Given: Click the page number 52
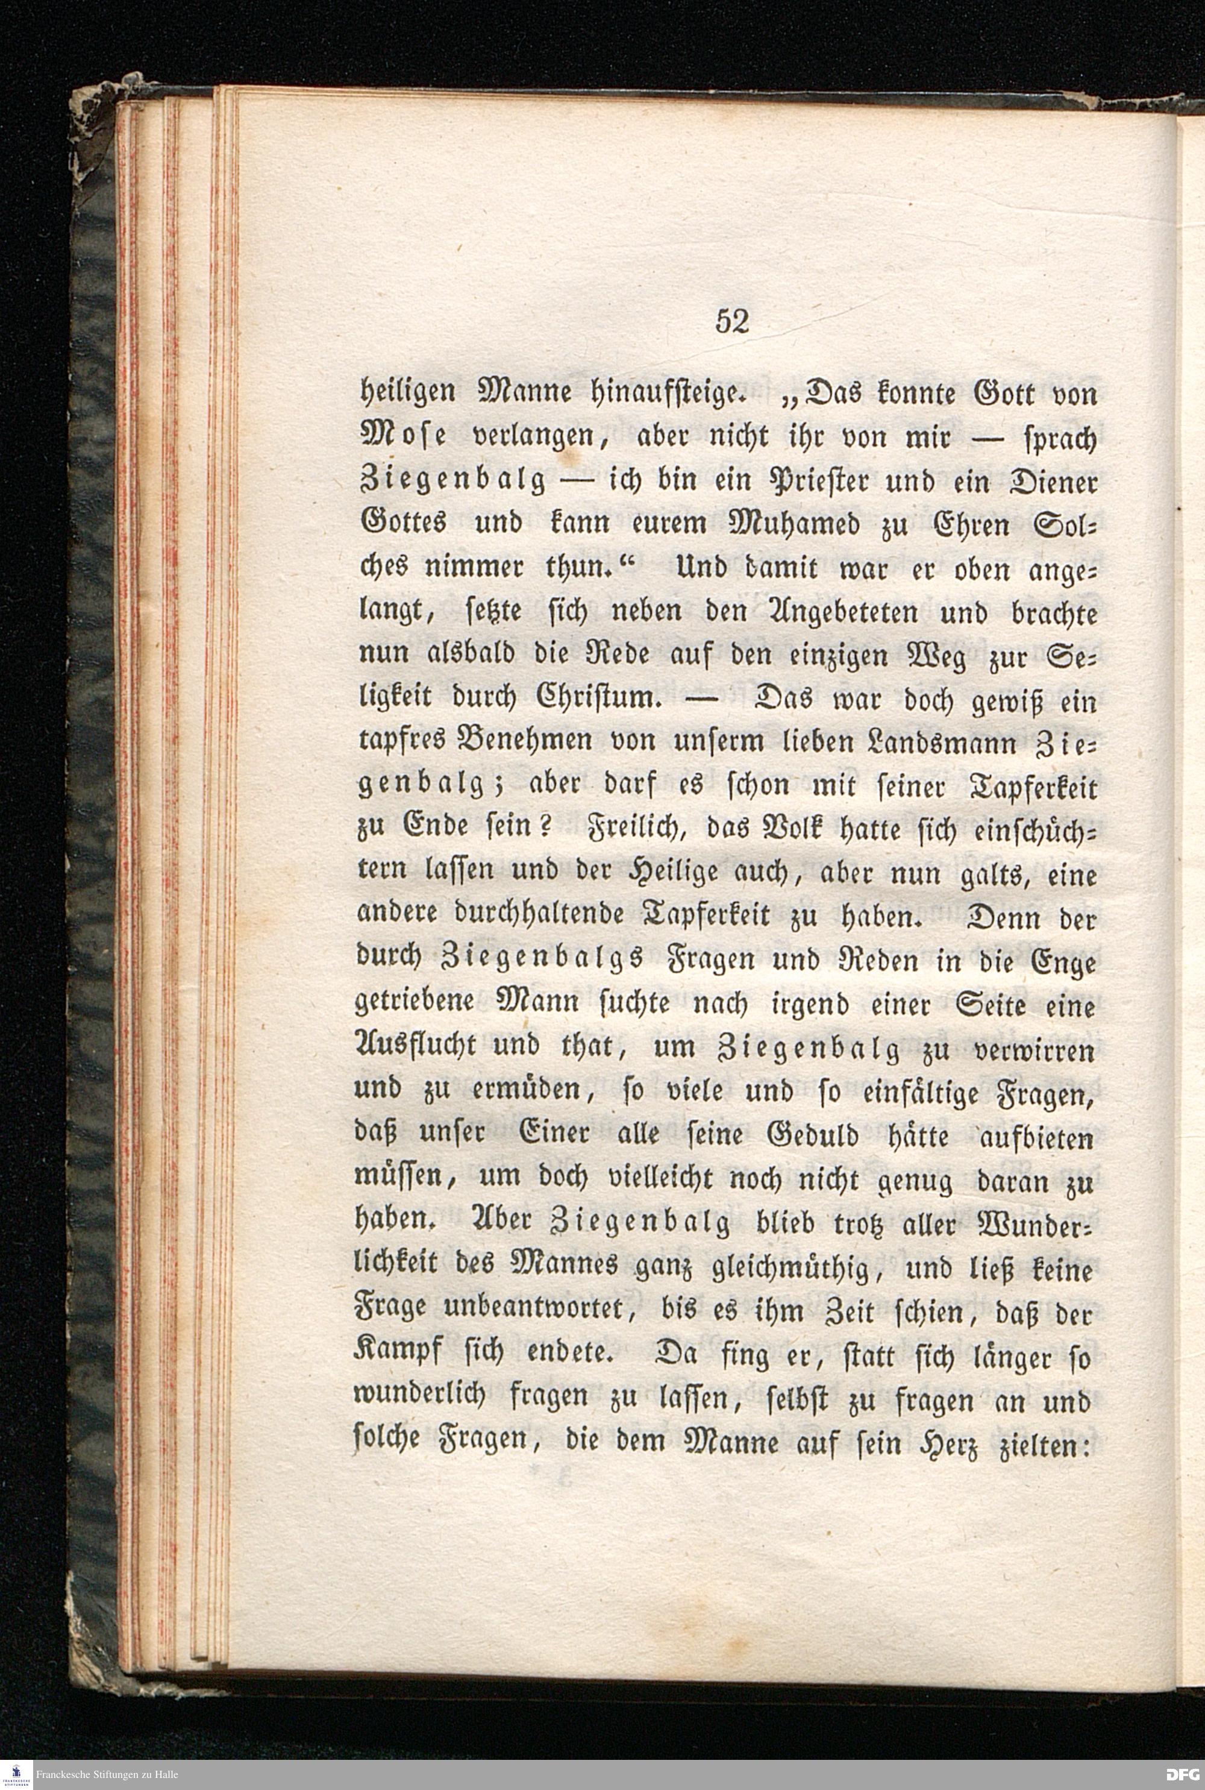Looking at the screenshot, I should (x=731, y=321).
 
